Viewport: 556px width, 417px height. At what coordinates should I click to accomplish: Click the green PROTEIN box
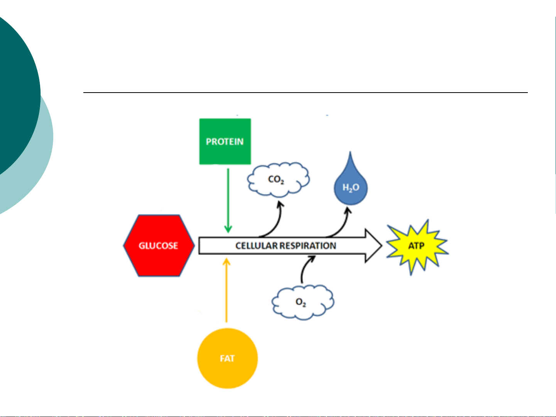[x=225, y=141]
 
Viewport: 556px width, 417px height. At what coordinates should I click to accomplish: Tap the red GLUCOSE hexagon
[x=159, y=246]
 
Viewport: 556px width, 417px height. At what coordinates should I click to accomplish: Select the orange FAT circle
[x=227, y=358]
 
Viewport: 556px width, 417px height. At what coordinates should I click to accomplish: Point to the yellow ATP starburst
[x=417, y=246]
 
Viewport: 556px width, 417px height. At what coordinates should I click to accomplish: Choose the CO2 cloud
[x=278, y=180]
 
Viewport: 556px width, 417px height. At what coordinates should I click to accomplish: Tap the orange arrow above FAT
[x=226, y=289]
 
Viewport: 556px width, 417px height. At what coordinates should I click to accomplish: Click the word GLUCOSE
[x=159, y=246]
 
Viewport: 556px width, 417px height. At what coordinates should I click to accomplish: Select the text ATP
[x=417, y=246]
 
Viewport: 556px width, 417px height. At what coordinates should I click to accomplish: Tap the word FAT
[x=227, y=358]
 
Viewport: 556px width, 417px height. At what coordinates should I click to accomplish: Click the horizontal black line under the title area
[x=305, y=93]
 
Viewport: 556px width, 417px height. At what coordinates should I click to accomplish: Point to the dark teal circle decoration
[x=15, y=93]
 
